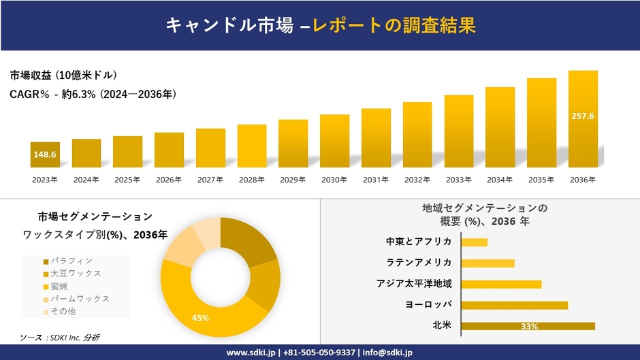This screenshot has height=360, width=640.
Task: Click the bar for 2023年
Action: pyautogui.click(x=45, y=154)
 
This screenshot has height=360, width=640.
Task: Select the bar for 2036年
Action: pyautogui.click(x=583, y=119)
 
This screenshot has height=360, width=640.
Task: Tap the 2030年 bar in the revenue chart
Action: pyautogui.click(x=334, y=141)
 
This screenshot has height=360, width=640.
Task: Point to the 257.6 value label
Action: pyautogui.click(x=583, y=116)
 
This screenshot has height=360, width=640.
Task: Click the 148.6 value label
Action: pyautogui.click(x=45, y=155)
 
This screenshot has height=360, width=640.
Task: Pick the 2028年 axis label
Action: pyautogui.click(x=252, y=180)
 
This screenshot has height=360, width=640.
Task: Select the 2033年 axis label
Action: pyautogui.click(x=458, y=180)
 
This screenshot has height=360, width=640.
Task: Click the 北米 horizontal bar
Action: pyautogui.click(x=528, y=326)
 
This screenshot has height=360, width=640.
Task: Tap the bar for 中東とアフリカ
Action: pyautogui.click(x=475, y=242)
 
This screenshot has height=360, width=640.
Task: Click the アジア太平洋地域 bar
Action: pyautogui.click(x=501, y=284)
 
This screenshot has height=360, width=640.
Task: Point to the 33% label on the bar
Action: pyautogui.click(x=529, y=327)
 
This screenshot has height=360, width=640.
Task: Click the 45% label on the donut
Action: pyautogui.click(x=200, y=318)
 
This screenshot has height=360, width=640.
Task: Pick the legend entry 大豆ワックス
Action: pyautogui.click(x=76, y=273)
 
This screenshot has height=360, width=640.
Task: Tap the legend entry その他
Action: pyautogui.click(x=63, y=311)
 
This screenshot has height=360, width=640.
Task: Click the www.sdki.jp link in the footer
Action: pyautogui.click(x=250, y=353)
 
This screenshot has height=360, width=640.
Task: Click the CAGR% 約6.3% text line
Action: pyautogui.click(x=93, y=95)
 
